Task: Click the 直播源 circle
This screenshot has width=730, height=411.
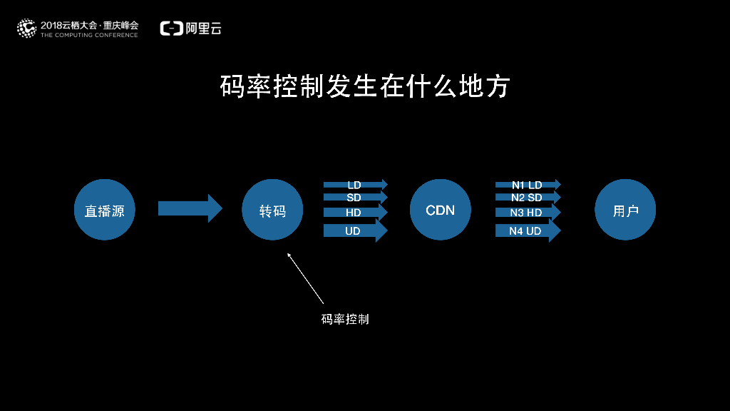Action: click(x=105, y=210)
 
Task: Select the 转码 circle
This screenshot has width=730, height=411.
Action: click(x=273, y=210)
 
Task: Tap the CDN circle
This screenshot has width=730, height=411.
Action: click(x=441, y=210)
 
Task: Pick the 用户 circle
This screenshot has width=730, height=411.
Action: click(x=625, y=210)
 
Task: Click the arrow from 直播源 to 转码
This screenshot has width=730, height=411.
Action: click(x=190, y=208)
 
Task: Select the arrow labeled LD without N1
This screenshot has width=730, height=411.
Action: click(x=355, y=185)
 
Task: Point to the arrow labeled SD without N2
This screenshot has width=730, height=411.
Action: click(x=355, y=198)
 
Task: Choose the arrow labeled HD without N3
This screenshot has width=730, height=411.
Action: click(x=355, y=213)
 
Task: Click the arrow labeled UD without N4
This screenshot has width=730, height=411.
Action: click(x=355, y=230)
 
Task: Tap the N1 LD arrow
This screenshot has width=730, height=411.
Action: click(x=528, y=185)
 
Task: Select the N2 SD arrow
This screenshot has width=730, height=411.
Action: click(x=528, y=198)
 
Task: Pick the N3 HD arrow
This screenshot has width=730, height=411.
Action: click(x=528, y=213)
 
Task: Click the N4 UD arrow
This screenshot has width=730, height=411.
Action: click(x=528, y=230)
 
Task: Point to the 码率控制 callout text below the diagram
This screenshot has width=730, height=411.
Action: click(x=345, y=319)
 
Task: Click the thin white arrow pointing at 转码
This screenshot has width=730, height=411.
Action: click(x=305, y=278)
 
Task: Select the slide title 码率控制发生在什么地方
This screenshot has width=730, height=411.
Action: click(x=365, y=86)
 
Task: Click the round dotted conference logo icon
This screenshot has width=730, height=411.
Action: click(x=26, y=28)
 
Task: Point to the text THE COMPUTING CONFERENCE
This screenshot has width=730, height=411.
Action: click(x=89, y=35)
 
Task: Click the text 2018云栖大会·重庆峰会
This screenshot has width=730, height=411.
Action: click(x=89, y=24)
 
